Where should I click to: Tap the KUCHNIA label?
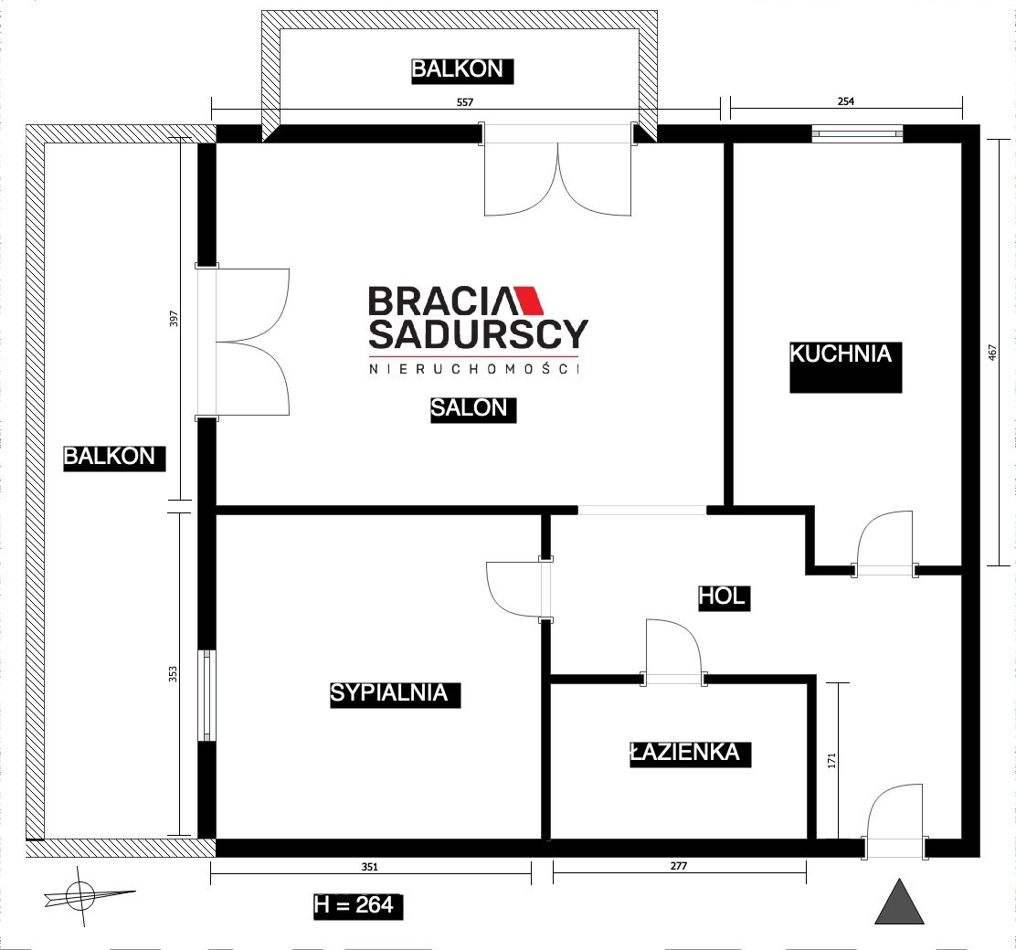click(841, 354)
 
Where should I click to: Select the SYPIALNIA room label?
click(389, 693)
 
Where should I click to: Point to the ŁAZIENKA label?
click(685, 753)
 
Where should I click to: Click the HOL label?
click(722, 596)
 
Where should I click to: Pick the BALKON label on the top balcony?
click(458, 69)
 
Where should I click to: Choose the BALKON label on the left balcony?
click(110, 457)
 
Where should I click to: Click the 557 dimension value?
click(465, 101)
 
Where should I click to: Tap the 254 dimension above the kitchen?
click(846, 101)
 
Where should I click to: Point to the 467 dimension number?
click(992, 353)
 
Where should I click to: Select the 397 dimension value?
click(174, 319)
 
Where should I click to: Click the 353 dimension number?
click(173, 674)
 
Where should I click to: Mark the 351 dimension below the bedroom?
click(369, 866)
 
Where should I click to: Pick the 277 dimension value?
click(679, 866)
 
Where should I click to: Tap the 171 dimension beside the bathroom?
click(832, 760)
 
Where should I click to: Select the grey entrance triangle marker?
click(899, 902)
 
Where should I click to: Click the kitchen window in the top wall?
click(857, 134)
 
